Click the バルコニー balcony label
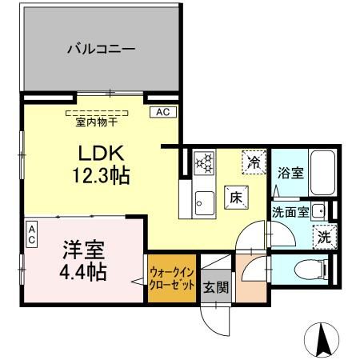coord(101,50)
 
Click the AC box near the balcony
coord(161,112)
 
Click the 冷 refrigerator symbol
coord(254,162)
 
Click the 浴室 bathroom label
coord(289,172)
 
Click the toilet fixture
coord(308,268)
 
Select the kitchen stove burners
coord(205,162)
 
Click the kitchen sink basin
coord(203,202)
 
